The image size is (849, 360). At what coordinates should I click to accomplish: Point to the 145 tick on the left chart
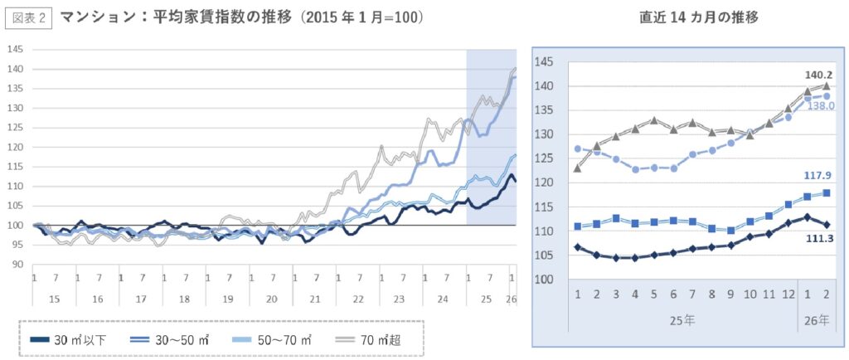coord(15,49)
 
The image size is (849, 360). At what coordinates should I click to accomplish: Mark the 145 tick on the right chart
coord(543,61)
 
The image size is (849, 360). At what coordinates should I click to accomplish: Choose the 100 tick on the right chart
coord(543,280)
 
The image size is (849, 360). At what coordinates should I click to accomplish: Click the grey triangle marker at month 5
coord(654,119)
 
